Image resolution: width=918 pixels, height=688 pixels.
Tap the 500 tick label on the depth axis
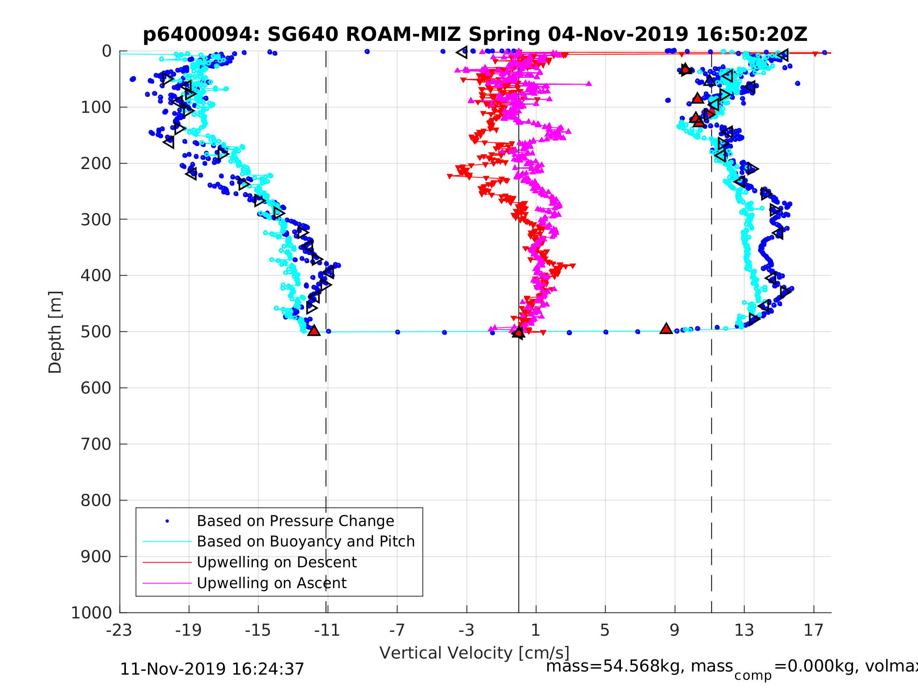pyautogui.click(x=96, y=332)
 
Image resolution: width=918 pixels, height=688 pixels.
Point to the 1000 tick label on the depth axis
pyautogui.click(x=91, y=613)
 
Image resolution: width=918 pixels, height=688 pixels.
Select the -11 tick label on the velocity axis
pyautogui.click(x=327, y=630)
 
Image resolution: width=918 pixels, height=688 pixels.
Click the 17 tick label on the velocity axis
pyautogui.click(x=813, y=630)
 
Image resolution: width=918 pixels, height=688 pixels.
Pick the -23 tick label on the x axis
pyautogui.click(x=119, y=630)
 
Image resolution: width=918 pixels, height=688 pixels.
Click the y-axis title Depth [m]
pyautogui.click(x=55, y=332)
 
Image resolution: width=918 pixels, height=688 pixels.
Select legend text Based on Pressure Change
pyautogui.click(x=295, y=521)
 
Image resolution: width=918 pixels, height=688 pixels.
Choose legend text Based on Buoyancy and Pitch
pyautogui.click(x=305, y=542)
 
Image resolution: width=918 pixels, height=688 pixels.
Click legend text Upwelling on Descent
pyautogui.click(x=276, y=562)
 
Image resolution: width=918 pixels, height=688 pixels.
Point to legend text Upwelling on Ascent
pyautogui.click(x=272, y=583)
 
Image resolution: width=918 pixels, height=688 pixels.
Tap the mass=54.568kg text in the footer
pyautogui.click(x=639, y=666)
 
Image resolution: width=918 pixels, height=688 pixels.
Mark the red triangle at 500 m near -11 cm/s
pyautogui.click(x=314, y=331)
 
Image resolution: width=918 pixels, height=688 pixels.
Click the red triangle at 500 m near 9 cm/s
pyautogui.click(x=666, y=329)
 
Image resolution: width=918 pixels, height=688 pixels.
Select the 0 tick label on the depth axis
pyautogui.click(x=107, y=52)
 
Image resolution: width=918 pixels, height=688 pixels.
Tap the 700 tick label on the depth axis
pyautogui.click(x=96, y=445)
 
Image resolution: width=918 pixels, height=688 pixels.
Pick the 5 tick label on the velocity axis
pyautogui.click(x=605, y=630)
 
